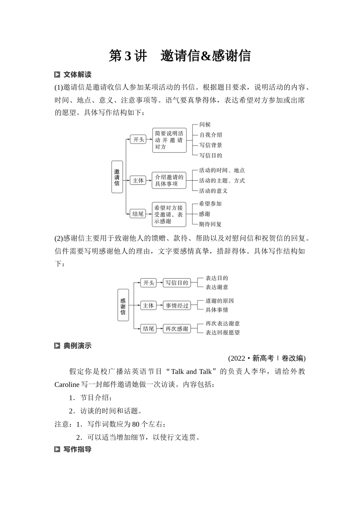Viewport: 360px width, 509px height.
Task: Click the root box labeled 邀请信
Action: click(117, 177)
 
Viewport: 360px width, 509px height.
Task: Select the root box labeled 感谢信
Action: click(123, 304)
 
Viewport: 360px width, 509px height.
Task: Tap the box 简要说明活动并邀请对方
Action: click(169, 140)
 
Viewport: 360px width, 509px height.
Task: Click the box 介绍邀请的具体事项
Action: click(169, 180)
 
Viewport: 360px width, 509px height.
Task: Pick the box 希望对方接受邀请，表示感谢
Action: click(169, 214)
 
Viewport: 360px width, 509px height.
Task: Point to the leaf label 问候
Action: click(205, 125)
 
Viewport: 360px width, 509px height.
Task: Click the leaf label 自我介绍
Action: click(211, 135)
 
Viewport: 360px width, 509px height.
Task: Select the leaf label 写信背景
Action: click(211, 145)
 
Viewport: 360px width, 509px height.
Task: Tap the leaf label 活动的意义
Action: click(213, 191)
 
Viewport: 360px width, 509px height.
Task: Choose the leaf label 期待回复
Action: click(210, 224)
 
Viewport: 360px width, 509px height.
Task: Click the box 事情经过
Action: click(177, 306)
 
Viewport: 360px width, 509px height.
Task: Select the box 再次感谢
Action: click(177, 329)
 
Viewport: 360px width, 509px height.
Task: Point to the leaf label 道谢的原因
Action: click(220, 301)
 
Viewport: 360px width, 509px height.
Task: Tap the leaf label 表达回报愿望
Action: click(222, 333)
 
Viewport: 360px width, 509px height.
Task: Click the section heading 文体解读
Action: click(77, 75)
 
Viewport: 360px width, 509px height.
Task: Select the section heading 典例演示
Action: click(77, 346)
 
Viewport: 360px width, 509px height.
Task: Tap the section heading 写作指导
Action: click(77, 450)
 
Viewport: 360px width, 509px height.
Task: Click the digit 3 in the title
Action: click(127, 56)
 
